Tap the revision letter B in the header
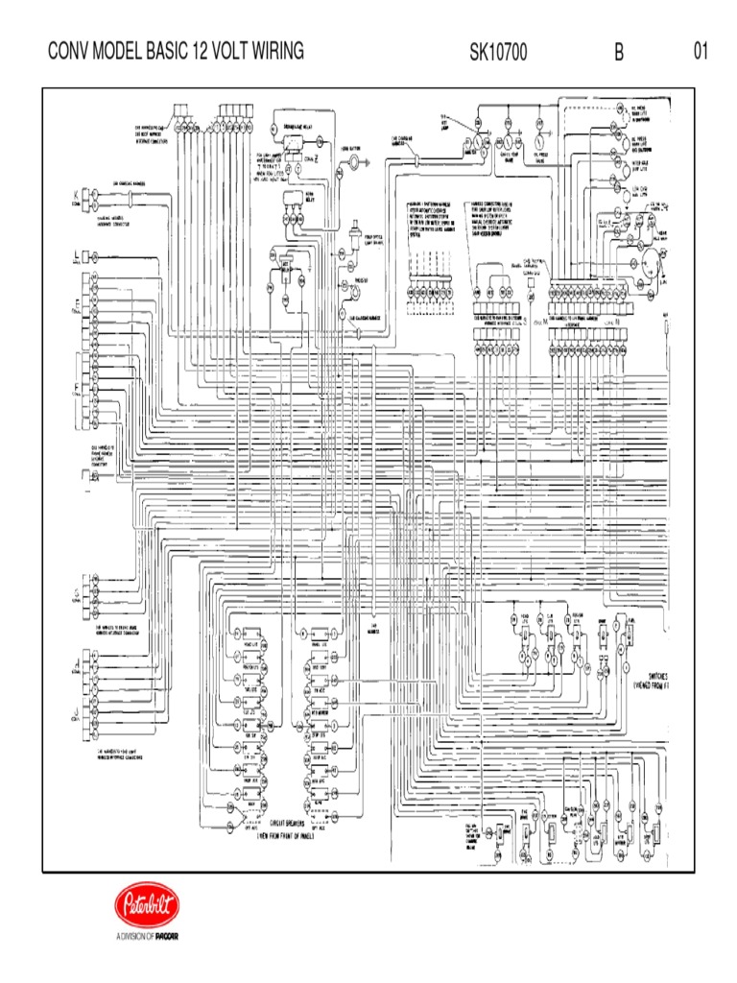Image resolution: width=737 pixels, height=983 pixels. click(x=620, y=53)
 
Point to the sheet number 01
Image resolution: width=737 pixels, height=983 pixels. click(x=701, y=52)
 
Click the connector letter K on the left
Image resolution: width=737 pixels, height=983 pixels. click(x=76, y=194)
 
